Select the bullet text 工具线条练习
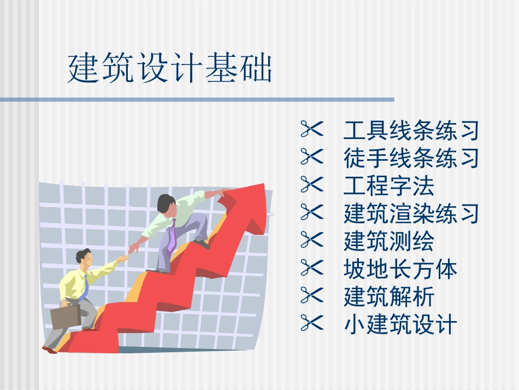411,131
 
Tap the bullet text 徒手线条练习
411,159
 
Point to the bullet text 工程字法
388,187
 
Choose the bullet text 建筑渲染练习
411,213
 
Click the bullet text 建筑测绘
388,241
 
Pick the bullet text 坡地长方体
400,269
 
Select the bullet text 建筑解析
388,297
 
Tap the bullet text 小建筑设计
400,325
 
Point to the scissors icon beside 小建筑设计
312,324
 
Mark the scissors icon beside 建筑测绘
312,241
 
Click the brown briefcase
65,316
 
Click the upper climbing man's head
165,204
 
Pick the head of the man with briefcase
83,257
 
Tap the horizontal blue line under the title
197,100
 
